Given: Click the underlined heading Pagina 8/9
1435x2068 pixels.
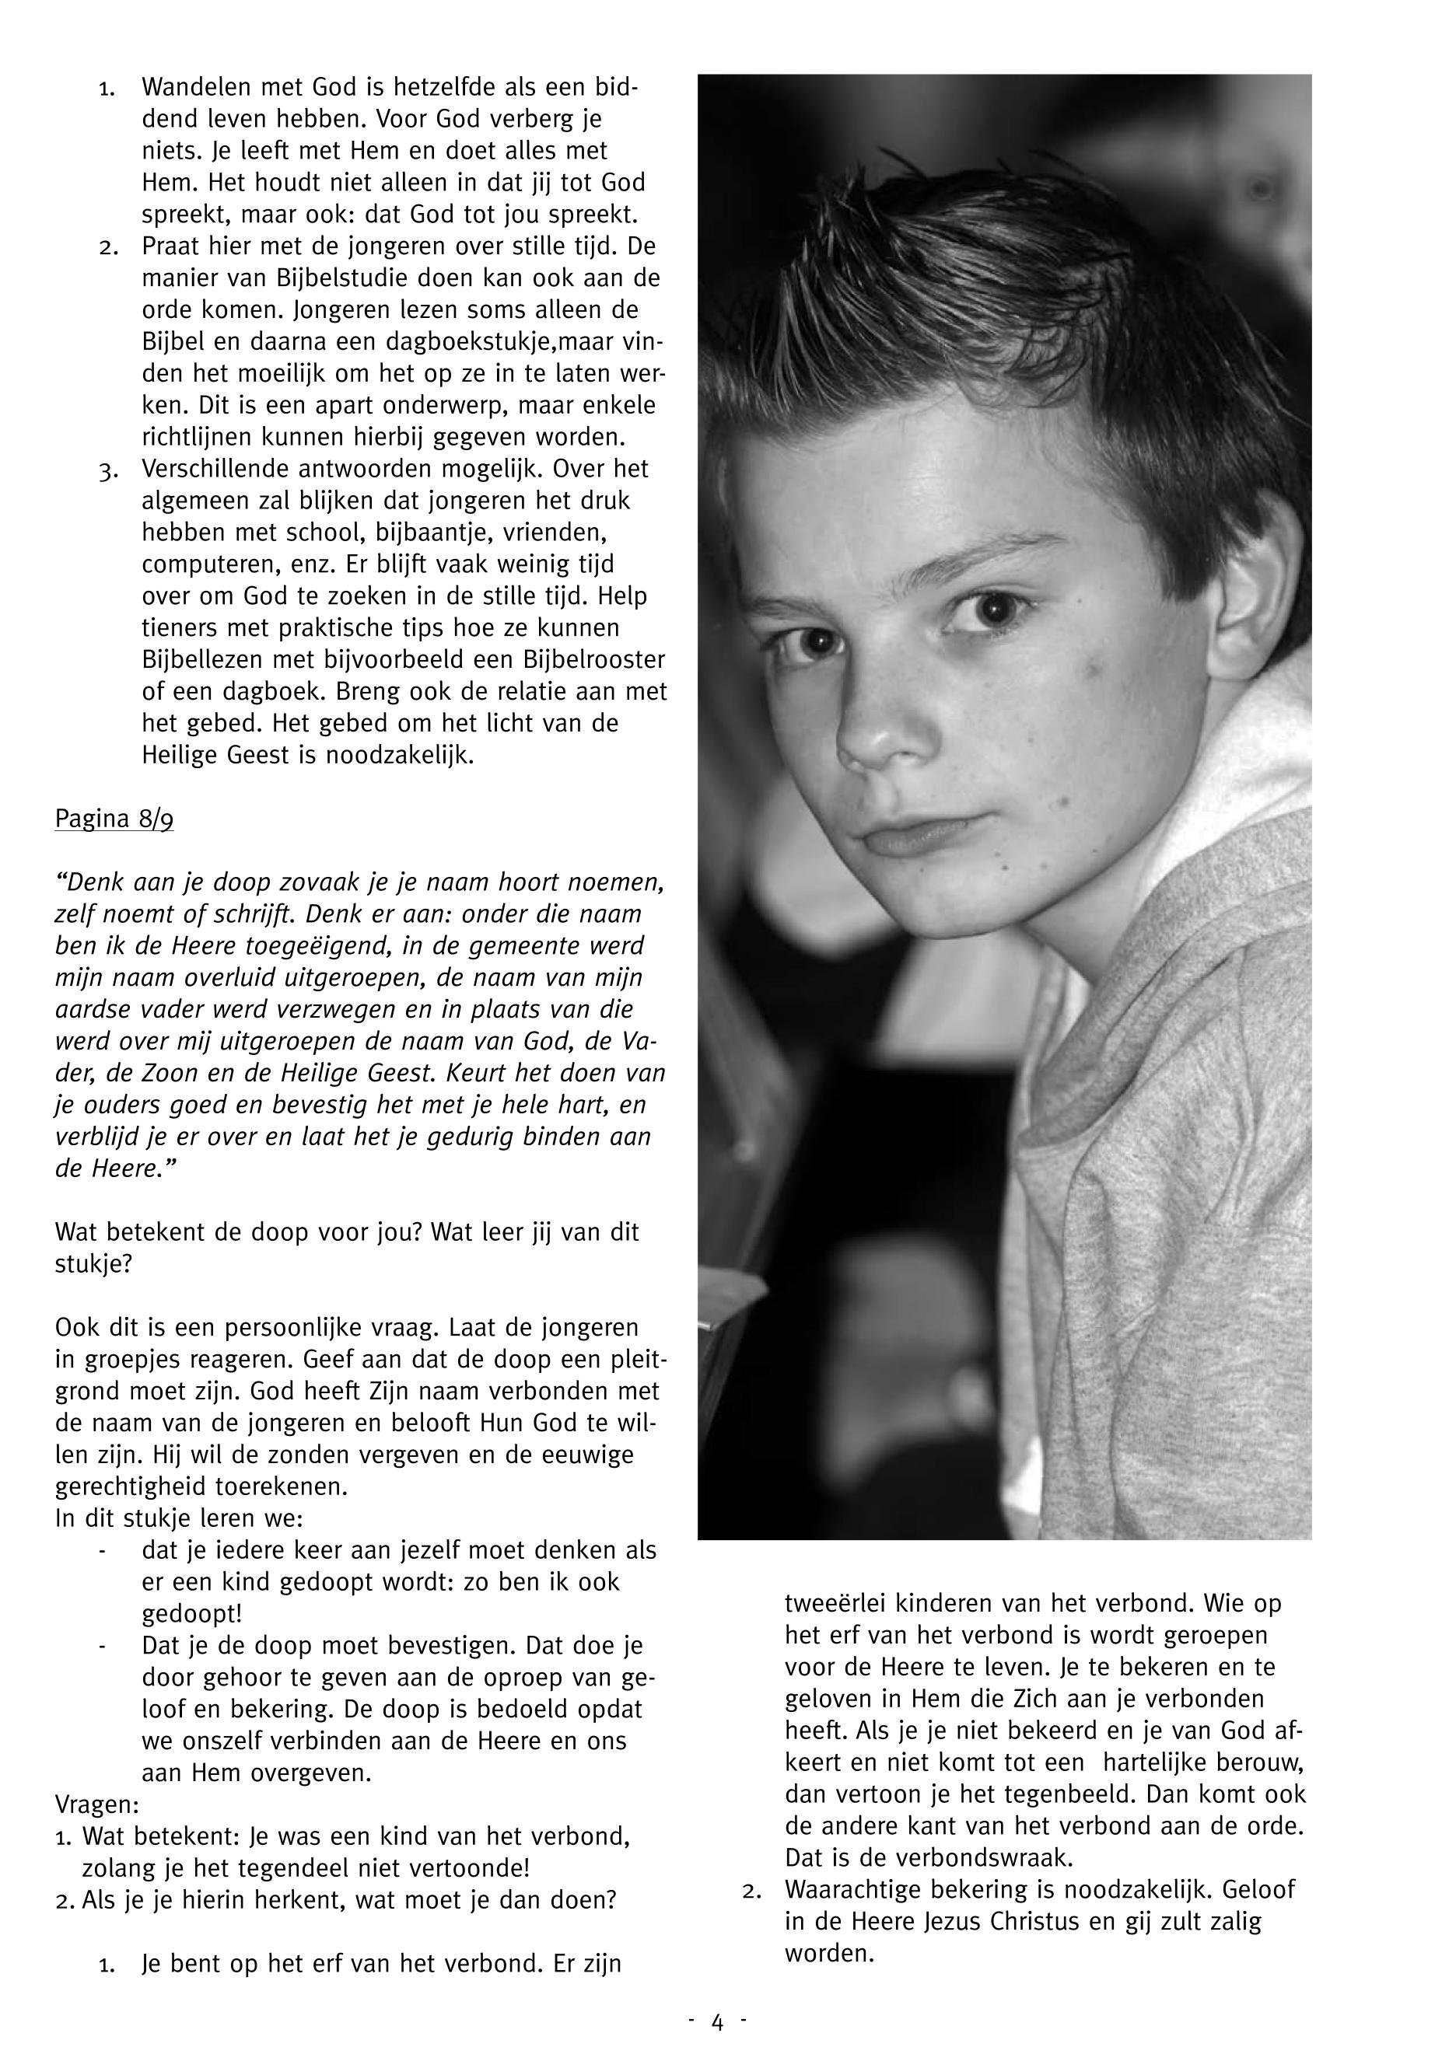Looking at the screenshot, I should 114,820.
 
